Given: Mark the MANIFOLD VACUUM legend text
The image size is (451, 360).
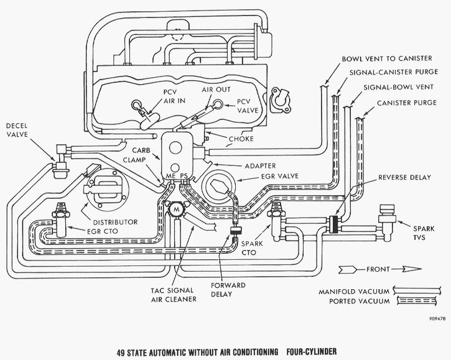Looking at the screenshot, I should click(350, 290).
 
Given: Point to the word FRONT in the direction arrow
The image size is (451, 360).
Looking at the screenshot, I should click(375, 269).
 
